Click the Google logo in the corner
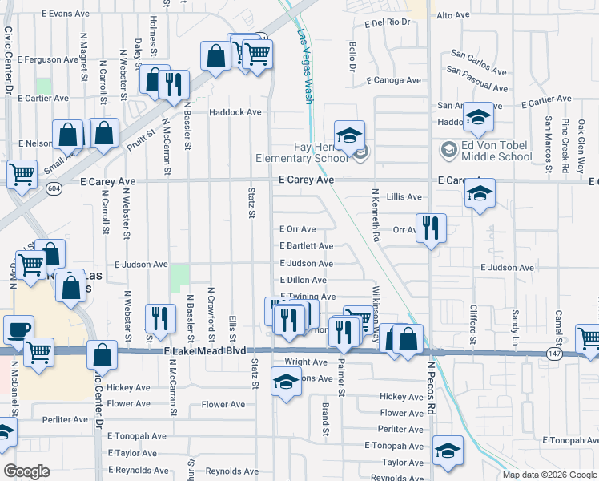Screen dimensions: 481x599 coord(27,471)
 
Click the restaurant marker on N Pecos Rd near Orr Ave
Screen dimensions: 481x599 coord(431,228)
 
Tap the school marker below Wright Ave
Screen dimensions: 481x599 coord(286,382)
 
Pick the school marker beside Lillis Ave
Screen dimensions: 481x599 coord(479,193)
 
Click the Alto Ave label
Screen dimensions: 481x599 coord(453,15)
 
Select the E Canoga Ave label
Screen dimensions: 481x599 coord(393,80)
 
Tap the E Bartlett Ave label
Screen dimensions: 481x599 coord(306,246)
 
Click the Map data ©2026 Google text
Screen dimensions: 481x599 coord(549,475)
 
